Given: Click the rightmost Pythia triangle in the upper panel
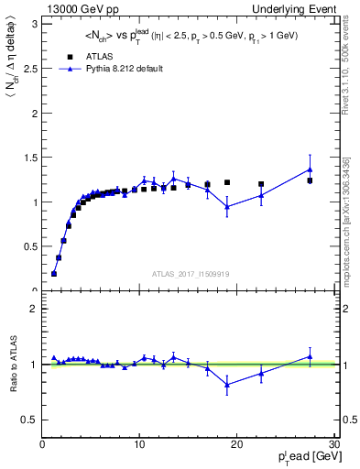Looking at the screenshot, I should coord(311,169).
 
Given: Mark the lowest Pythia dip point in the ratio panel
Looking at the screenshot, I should coord(227,385).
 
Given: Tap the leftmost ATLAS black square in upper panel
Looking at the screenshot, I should coord(54,274).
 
